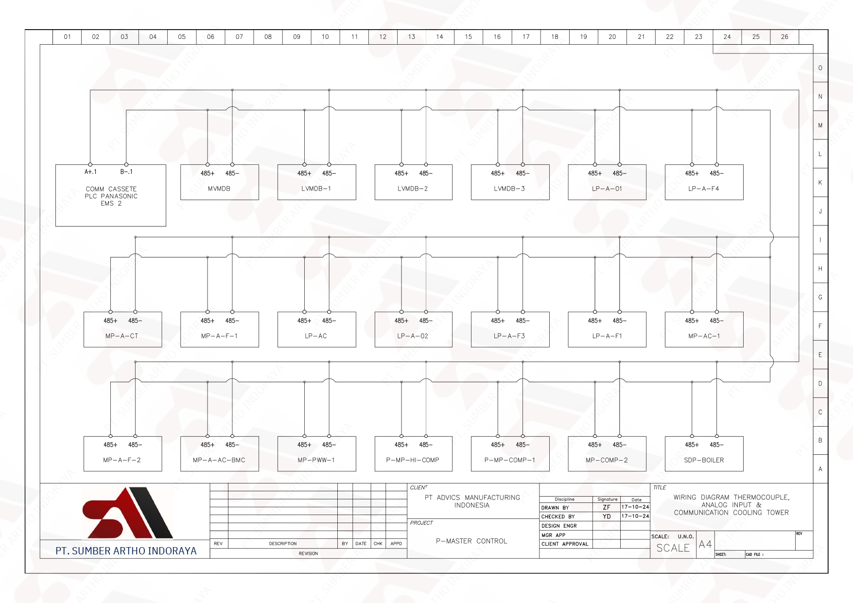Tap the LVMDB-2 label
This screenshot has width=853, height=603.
point(413,189)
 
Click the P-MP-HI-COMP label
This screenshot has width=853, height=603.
point(413,460)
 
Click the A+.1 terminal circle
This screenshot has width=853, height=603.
point(90,165)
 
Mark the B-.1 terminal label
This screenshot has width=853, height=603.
point(126,172)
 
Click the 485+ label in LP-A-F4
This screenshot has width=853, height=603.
point(692,173)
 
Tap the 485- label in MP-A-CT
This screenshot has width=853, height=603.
point(135,321)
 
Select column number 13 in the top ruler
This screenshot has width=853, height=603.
point(412,36)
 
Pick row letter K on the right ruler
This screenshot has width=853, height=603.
point(820,183)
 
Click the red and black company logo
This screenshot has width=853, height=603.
point(128,513)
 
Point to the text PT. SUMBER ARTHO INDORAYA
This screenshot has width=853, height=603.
point(126,551)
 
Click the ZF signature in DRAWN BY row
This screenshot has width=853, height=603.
point(607,507)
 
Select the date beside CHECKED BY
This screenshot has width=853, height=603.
point(635,516)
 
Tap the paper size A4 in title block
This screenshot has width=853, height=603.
point(705,545)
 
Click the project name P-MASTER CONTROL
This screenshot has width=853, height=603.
point(471,541)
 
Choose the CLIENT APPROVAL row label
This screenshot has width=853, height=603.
point(565,544)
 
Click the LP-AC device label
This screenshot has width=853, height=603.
point(316,336)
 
